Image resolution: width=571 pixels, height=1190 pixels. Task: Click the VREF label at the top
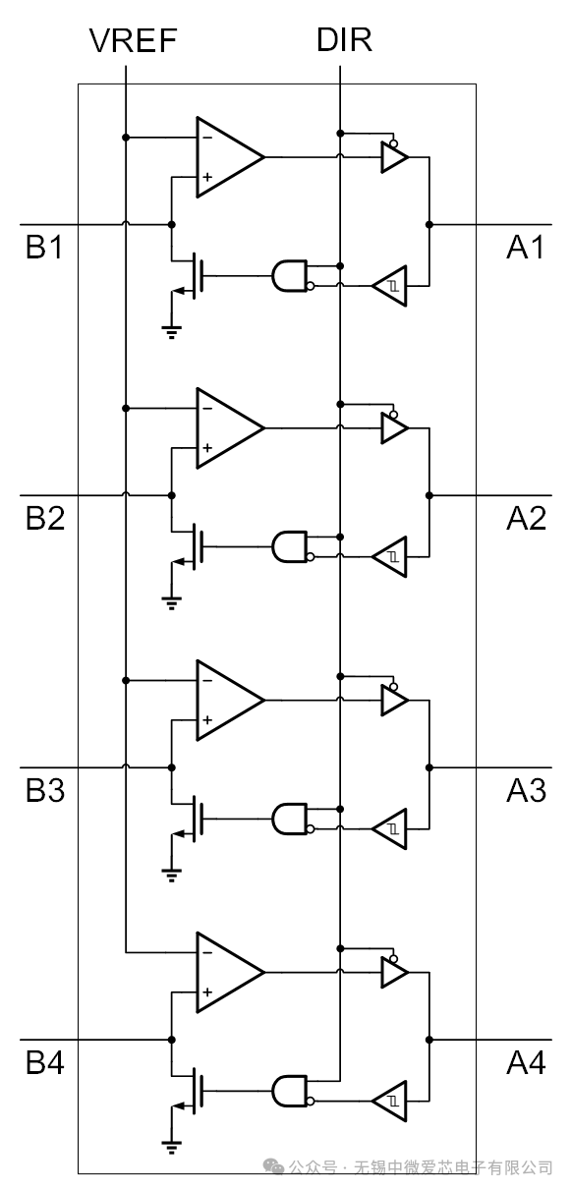click(133, 41)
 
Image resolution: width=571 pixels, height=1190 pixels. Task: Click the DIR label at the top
click(344, 40)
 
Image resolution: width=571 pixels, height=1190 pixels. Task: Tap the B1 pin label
click(44, 247)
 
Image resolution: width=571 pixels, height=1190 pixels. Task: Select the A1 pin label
click(526, 247)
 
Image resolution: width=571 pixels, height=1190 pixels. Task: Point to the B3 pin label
click(45, 790)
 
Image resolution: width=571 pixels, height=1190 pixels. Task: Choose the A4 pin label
click(526, 1063)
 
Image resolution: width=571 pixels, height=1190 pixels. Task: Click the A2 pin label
click(526, 519)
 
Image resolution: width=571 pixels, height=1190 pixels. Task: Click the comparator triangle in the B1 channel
click(230, 157)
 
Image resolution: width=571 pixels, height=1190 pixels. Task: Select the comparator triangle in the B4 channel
click(230, 972)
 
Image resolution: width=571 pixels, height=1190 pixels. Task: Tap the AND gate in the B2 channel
click(290, 546)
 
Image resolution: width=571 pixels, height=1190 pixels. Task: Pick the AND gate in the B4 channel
click(290, 1091)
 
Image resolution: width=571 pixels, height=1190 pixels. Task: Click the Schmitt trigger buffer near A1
click(390, 286)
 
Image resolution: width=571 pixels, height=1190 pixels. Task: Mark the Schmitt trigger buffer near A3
click(390, 828)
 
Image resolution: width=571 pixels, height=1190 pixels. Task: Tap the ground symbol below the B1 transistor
click(172, 332)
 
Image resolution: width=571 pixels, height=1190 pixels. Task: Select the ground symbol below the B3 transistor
click(172, 876)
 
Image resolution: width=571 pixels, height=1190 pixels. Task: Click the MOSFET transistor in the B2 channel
click(189, 546)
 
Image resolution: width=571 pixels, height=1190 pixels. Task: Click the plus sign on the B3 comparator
click(207, 720)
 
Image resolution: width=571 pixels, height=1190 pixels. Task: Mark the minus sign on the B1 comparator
click(207, 138)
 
